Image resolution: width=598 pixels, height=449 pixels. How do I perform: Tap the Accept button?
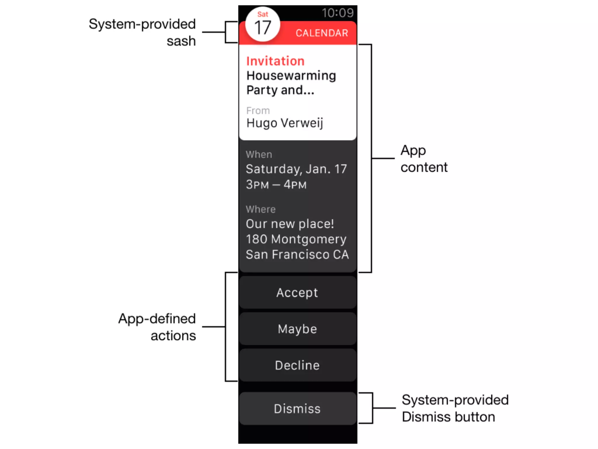[297, 293]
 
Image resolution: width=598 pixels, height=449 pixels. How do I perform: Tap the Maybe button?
[297, 329]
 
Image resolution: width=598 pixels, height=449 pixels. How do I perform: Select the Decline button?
[297, 365]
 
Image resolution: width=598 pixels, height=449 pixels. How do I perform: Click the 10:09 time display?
[338, 13]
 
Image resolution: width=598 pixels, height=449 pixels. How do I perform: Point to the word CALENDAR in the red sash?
[322, 33]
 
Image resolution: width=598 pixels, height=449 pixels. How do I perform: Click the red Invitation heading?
[275, 61]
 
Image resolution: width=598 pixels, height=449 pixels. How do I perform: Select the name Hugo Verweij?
[285, 123]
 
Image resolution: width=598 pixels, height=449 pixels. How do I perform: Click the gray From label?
[258, 110]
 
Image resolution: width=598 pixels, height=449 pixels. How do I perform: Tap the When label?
[259, 154]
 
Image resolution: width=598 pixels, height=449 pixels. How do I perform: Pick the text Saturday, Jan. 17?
[296, 169]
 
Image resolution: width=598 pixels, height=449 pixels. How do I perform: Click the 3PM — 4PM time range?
[276, 185]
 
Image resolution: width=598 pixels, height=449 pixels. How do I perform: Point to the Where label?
[260, 209]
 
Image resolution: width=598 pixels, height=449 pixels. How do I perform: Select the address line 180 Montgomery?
[296, 239]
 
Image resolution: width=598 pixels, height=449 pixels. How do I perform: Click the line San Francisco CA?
[297, 255]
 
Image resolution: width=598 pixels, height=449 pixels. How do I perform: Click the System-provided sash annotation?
[142, 32]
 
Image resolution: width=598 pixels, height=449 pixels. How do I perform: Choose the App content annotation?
[424, 159]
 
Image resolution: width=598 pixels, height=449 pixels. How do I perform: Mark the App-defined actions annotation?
[157, 327]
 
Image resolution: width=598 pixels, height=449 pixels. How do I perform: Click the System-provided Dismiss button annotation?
[455, 408]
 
